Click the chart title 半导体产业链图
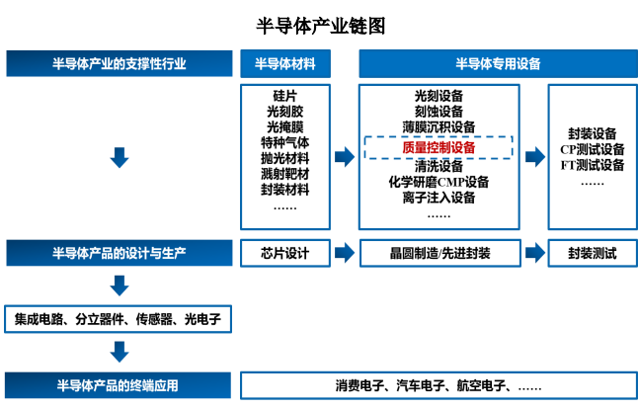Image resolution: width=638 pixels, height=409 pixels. pos(321,26)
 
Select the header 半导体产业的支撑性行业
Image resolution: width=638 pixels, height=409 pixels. pos(120,63)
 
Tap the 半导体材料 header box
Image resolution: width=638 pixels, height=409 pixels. pos(285,63)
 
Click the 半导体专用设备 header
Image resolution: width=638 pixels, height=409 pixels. pos(498,63)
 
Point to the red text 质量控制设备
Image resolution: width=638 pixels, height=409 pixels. pos(439,147)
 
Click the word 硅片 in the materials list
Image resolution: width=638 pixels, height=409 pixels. pos(284,96)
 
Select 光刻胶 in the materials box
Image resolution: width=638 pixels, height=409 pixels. pos(284,112)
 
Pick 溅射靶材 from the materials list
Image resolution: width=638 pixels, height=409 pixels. pos(284,174)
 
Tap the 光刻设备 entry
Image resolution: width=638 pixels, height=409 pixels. pos(439,96)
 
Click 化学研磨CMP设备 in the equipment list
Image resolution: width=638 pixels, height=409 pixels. pos(439,182)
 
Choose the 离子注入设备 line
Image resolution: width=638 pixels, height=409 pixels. pos(439,198)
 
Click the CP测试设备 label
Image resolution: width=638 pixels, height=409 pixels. pos(592,149)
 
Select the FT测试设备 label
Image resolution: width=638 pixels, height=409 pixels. pos(592,165)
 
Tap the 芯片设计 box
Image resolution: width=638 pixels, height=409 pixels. pos(285,253)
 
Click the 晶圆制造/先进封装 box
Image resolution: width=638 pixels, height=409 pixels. pos(440,253)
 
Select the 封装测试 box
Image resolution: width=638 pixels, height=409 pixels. pos(593,253)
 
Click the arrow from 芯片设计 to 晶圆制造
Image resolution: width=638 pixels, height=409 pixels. pos(345,253)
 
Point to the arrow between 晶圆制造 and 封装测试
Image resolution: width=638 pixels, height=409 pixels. pos(535,253)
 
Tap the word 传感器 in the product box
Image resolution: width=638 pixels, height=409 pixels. pos(154,319)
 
